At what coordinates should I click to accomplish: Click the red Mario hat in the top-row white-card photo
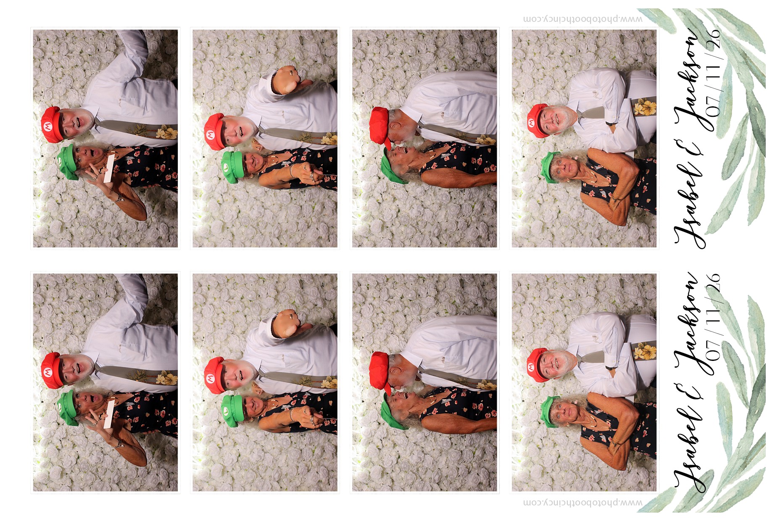(52, 125)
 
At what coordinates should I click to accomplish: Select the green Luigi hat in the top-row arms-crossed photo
(549, 167)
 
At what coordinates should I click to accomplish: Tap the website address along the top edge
(583, 19)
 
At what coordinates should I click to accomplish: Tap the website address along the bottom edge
(583, 502)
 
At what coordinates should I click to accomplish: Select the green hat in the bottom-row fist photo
(232, 411)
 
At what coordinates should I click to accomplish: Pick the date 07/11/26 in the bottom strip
(713, 317)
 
